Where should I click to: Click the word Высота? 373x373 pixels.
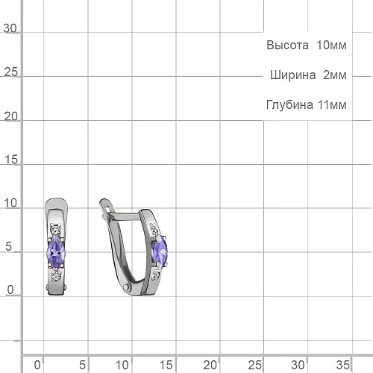click(287, 46)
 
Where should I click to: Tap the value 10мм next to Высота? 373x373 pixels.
click(331, 46)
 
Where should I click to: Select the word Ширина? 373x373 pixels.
click(293, 75)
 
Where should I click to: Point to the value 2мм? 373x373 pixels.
click(335, 75)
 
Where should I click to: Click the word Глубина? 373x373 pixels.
click(289, 104)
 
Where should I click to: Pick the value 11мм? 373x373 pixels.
click(332, 105)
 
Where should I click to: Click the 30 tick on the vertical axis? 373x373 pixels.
click(10, 28)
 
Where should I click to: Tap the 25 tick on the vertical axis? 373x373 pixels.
click(11, 72)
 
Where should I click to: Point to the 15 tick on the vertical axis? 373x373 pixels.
click(11, 160)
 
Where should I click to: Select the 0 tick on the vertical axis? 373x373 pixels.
click(10, 289)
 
